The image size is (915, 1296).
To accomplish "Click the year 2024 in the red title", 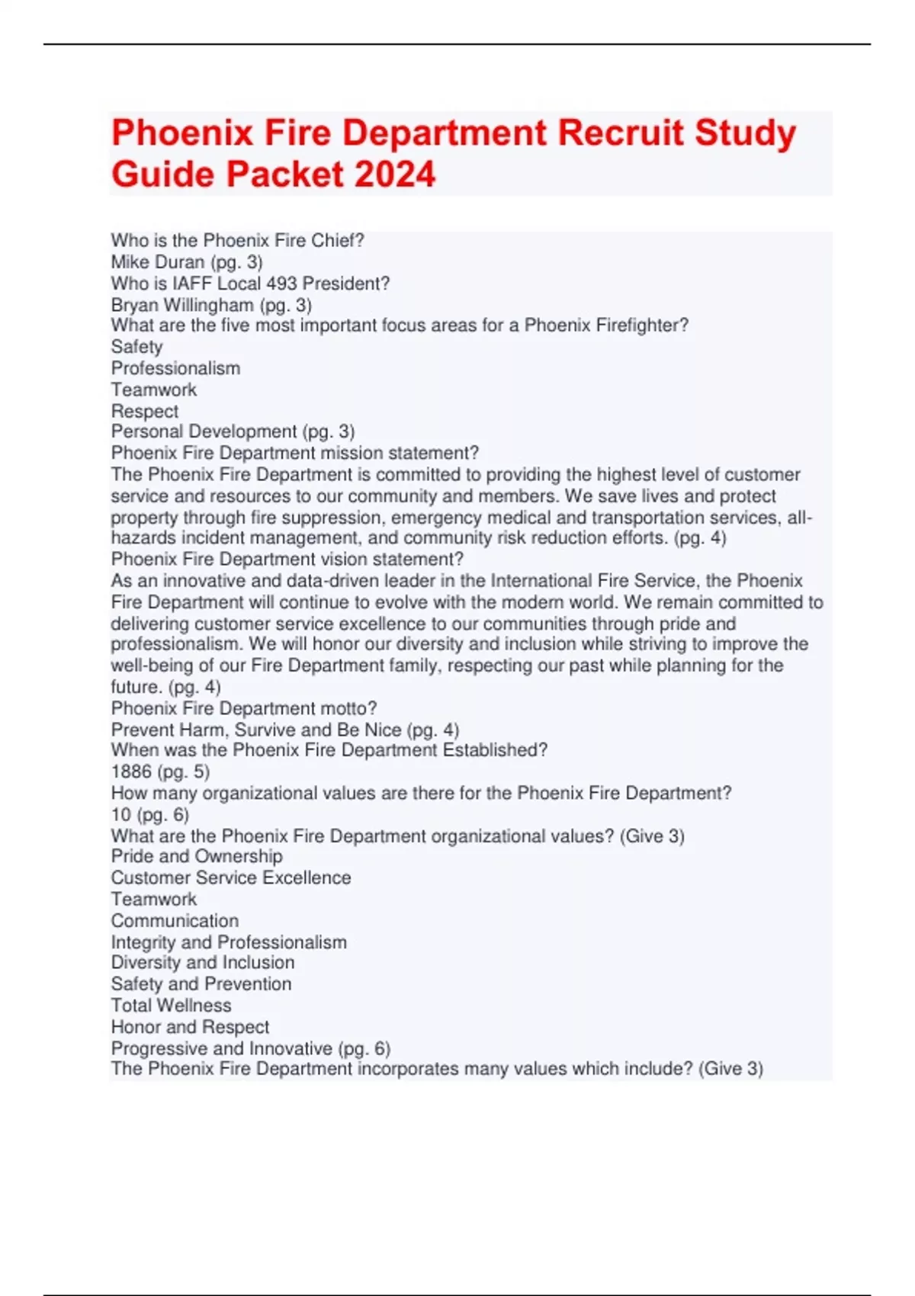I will (395, 175).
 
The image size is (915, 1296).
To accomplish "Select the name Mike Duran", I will (158, 262).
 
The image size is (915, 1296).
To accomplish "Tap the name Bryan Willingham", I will (182, 305).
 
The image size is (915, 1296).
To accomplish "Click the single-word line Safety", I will (137, 347).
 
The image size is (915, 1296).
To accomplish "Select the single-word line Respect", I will (145, 411).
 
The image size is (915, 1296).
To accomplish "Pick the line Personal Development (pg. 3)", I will (233, 431).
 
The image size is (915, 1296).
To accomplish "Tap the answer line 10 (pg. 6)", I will (149, 814).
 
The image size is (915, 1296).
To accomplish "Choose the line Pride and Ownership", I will (197, 856).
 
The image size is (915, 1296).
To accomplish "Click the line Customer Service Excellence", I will (231, 877).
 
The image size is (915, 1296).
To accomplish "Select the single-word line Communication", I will (175, 920).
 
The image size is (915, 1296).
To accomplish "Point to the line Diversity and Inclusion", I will (203, 962).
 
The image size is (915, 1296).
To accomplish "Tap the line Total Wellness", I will (171, 1005).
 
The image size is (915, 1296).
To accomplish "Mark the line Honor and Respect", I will (190, 1026).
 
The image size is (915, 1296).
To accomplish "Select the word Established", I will (495, 750).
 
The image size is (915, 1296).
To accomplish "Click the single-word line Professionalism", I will (175, 368).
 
